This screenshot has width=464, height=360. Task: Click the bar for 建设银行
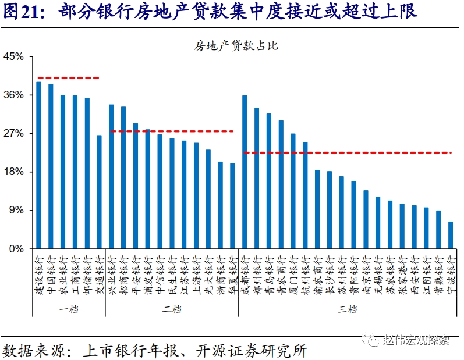[38, 165]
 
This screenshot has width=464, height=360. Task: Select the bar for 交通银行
[99, 192]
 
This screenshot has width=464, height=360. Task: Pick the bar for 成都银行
[245, 172]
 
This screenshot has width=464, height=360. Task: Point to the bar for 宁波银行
[450, 235]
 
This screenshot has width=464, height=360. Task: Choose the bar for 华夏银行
[232, 206]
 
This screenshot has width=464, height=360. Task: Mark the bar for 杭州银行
[305, 195]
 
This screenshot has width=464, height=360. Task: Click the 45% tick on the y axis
[13, 57]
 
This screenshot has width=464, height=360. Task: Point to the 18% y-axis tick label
[13, 172]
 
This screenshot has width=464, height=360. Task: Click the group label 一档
[69, 309]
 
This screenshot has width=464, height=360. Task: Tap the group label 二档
[172, 309]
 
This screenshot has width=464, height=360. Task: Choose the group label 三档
[348, 309]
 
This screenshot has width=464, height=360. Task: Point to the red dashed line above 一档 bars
[68, 78]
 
